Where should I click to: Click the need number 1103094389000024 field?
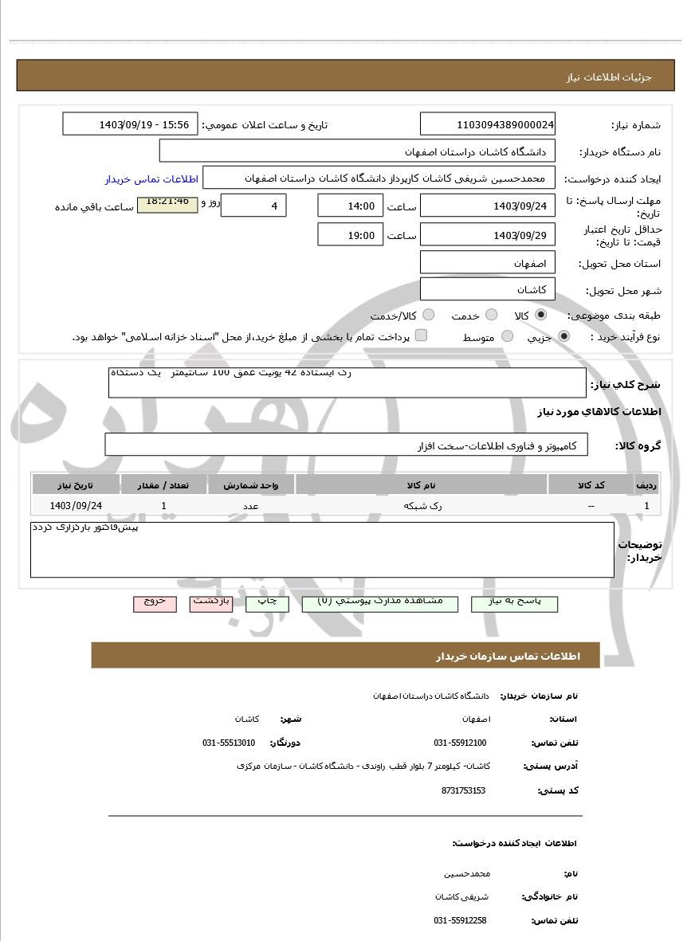pos(488,124)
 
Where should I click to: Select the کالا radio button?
pos(542,315)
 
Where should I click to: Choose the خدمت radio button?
pos(492,315)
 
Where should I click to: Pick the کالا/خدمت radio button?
pos(429,315)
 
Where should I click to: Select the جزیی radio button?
pos(564,336)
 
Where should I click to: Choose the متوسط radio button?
pos(505,336)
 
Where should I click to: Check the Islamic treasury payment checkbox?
pos(422,335)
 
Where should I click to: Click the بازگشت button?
pos(210,603)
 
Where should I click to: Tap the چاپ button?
pos(267,603)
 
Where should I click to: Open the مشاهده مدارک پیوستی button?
pos(380,603)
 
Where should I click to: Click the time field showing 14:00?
pos(350,206)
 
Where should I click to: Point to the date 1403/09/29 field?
pos(488,235)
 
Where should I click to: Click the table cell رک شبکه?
pos(422,505)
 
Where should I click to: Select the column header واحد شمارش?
pos(251,484)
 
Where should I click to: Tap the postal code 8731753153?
pos(463,790)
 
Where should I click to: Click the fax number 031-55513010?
pos(229,743)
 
